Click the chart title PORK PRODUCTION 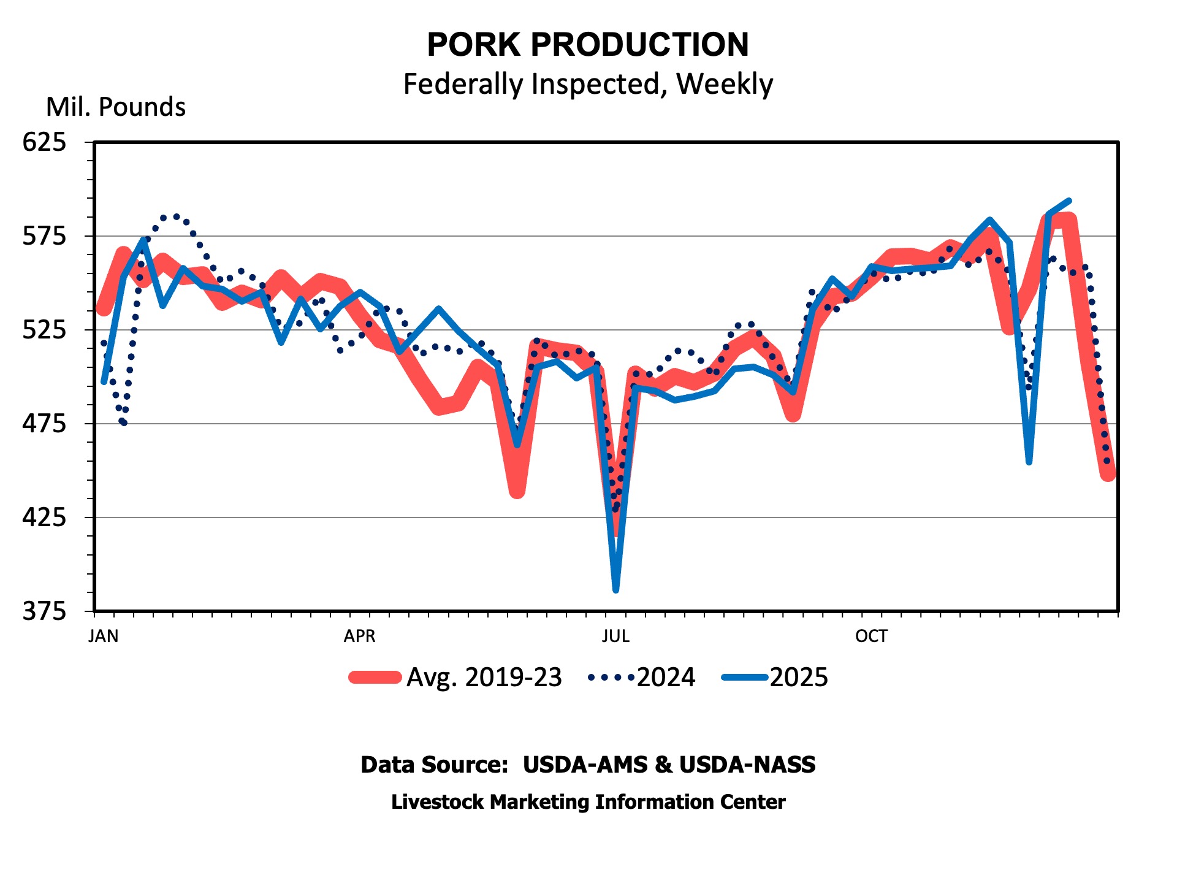coord(588,45)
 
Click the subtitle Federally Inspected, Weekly coord(588,84)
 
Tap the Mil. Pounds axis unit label coord(116,107)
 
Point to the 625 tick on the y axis coord(44,142)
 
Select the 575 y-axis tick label coord(44,236)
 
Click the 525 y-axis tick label coord(44,330)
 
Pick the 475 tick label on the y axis coord(44,424)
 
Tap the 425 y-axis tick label coord(44,518)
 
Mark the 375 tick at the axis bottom coord(44,611)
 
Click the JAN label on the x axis coord(104,636)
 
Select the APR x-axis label coord(359,636)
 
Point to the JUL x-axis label coord(615,636)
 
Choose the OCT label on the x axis coord(871,636)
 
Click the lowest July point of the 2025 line coord(615,591)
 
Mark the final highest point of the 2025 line coord(1069,201)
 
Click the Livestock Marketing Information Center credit coord(588,802)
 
